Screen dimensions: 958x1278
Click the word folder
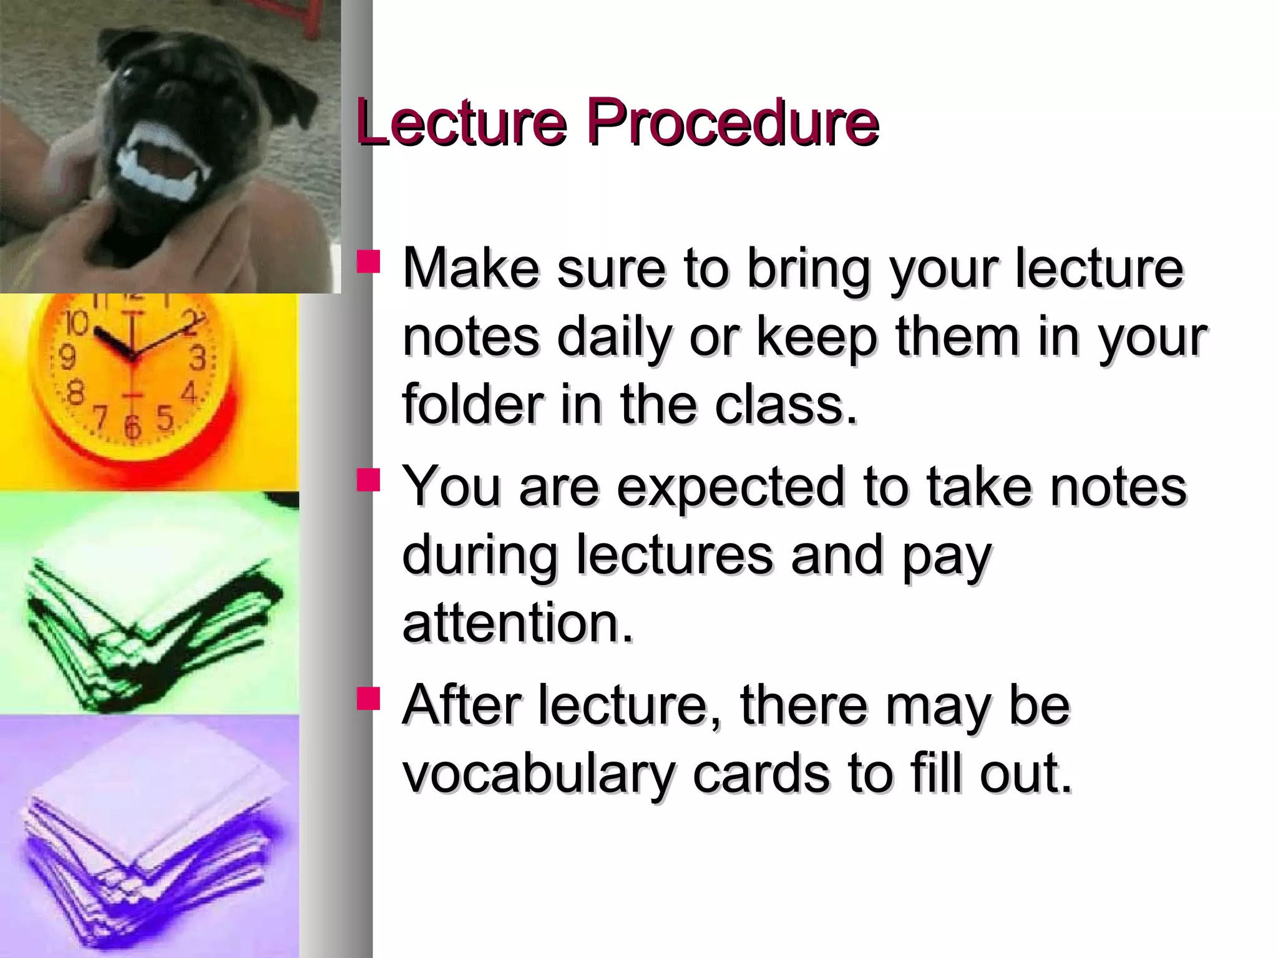coord(472,405)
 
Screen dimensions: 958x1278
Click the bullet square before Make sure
coord(368,262)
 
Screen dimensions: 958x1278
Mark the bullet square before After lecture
coord(368,699)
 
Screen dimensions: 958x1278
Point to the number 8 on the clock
coord(75,395)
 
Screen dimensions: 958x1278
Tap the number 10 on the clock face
coord(76,323)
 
